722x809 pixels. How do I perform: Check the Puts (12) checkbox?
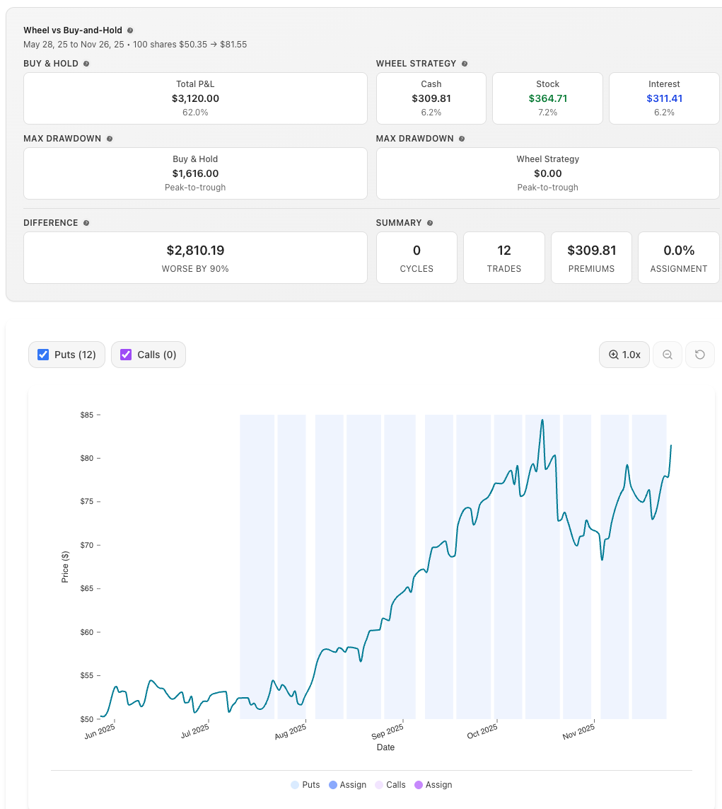(x=43, y=355)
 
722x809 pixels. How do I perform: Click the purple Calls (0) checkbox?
(x=126, y=355)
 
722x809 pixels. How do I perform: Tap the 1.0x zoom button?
(x=624, y=355)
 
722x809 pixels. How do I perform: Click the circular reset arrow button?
(x=700, y=355)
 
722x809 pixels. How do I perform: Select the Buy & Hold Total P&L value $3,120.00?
(x=195, y=98)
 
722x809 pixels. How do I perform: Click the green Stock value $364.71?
(x=547, y=98)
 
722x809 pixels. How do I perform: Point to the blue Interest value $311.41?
(x=664, y=98)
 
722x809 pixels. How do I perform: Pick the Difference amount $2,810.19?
(x=195, y=251)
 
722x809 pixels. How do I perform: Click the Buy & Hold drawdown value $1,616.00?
(x=195, y=173)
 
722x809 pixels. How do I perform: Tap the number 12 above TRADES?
(x=504, y=251)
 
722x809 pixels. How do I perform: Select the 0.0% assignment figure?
(x=679, y=251)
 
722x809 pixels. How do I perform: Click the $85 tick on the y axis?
(x=86, y=415)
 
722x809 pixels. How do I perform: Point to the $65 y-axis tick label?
(x=86, y=589)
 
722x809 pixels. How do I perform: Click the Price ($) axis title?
(x=65, y=566)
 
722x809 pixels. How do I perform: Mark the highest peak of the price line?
(x=542, y=420)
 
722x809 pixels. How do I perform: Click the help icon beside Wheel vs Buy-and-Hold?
(x=130, y=30)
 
